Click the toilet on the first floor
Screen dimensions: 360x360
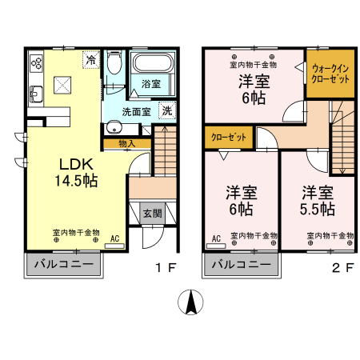pos(114,62)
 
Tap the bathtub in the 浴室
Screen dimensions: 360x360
pos(152,63)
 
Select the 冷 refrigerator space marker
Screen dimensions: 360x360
pos(91,60)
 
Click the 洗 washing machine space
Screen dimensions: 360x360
pos(167,110)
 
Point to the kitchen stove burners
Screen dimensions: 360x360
pos(36,63)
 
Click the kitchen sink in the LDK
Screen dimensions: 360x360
pos(36,94)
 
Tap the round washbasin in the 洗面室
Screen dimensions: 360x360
pos(114,128)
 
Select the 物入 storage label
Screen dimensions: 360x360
pos(126,144)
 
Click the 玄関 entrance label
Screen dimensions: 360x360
pos(152,213)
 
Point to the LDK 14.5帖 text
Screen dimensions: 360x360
pos(76,172)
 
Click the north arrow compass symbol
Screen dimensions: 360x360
pos(190,302)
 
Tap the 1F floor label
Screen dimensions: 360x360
pos(166,267)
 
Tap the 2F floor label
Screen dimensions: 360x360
pos(343,267)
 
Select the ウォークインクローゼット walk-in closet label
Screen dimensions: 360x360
pos(330,74)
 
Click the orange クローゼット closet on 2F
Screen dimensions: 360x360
pos(229,138)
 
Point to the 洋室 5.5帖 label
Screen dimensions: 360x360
pos(318,201)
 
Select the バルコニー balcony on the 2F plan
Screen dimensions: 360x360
pos(242,265)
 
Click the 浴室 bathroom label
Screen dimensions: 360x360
pos(151,84)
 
